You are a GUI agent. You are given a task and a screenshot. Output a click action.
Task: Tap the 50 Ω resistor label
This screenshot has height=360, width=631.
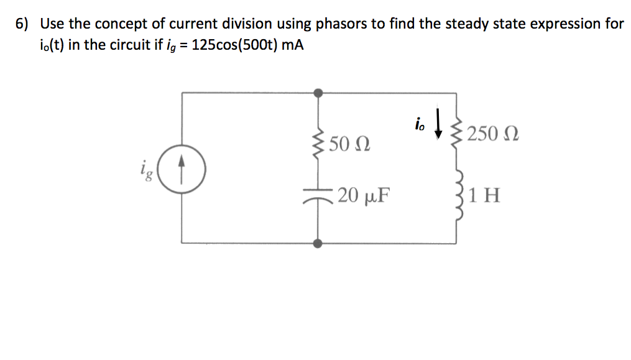(x=349, y=144)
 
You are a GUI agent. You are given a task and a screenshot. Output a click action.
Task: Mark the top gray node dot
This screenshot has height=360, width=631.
(x=318, y=93)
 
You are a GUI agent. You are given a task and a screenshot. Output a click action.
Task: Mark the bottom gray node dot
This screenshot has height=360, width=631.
(x=318, y=243)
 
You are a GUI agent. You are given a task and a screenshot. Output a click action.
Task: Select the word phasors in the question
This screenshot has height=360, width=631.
(x=342, y=25)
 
